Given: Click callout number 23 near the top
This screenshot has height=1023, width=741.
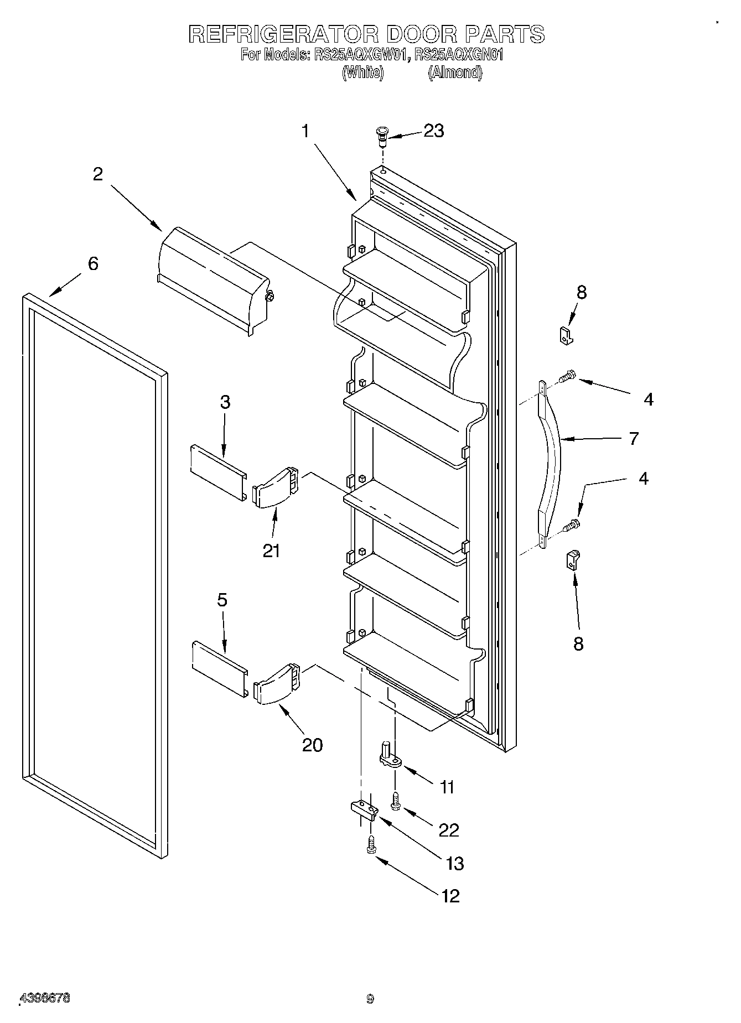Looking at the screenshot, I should (433, 131).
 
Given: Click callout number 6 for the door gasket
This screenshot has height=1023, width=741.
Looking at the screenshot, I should (92, 264).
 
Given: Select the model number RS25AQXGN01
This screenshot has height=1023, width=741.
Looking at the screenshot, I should (458, 55).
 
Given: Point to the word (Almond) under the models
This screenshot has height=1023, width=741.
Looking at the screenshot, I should (455, 72).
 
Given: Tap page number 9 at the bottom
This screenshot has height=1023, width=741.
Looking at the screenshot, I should (370, 999).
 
